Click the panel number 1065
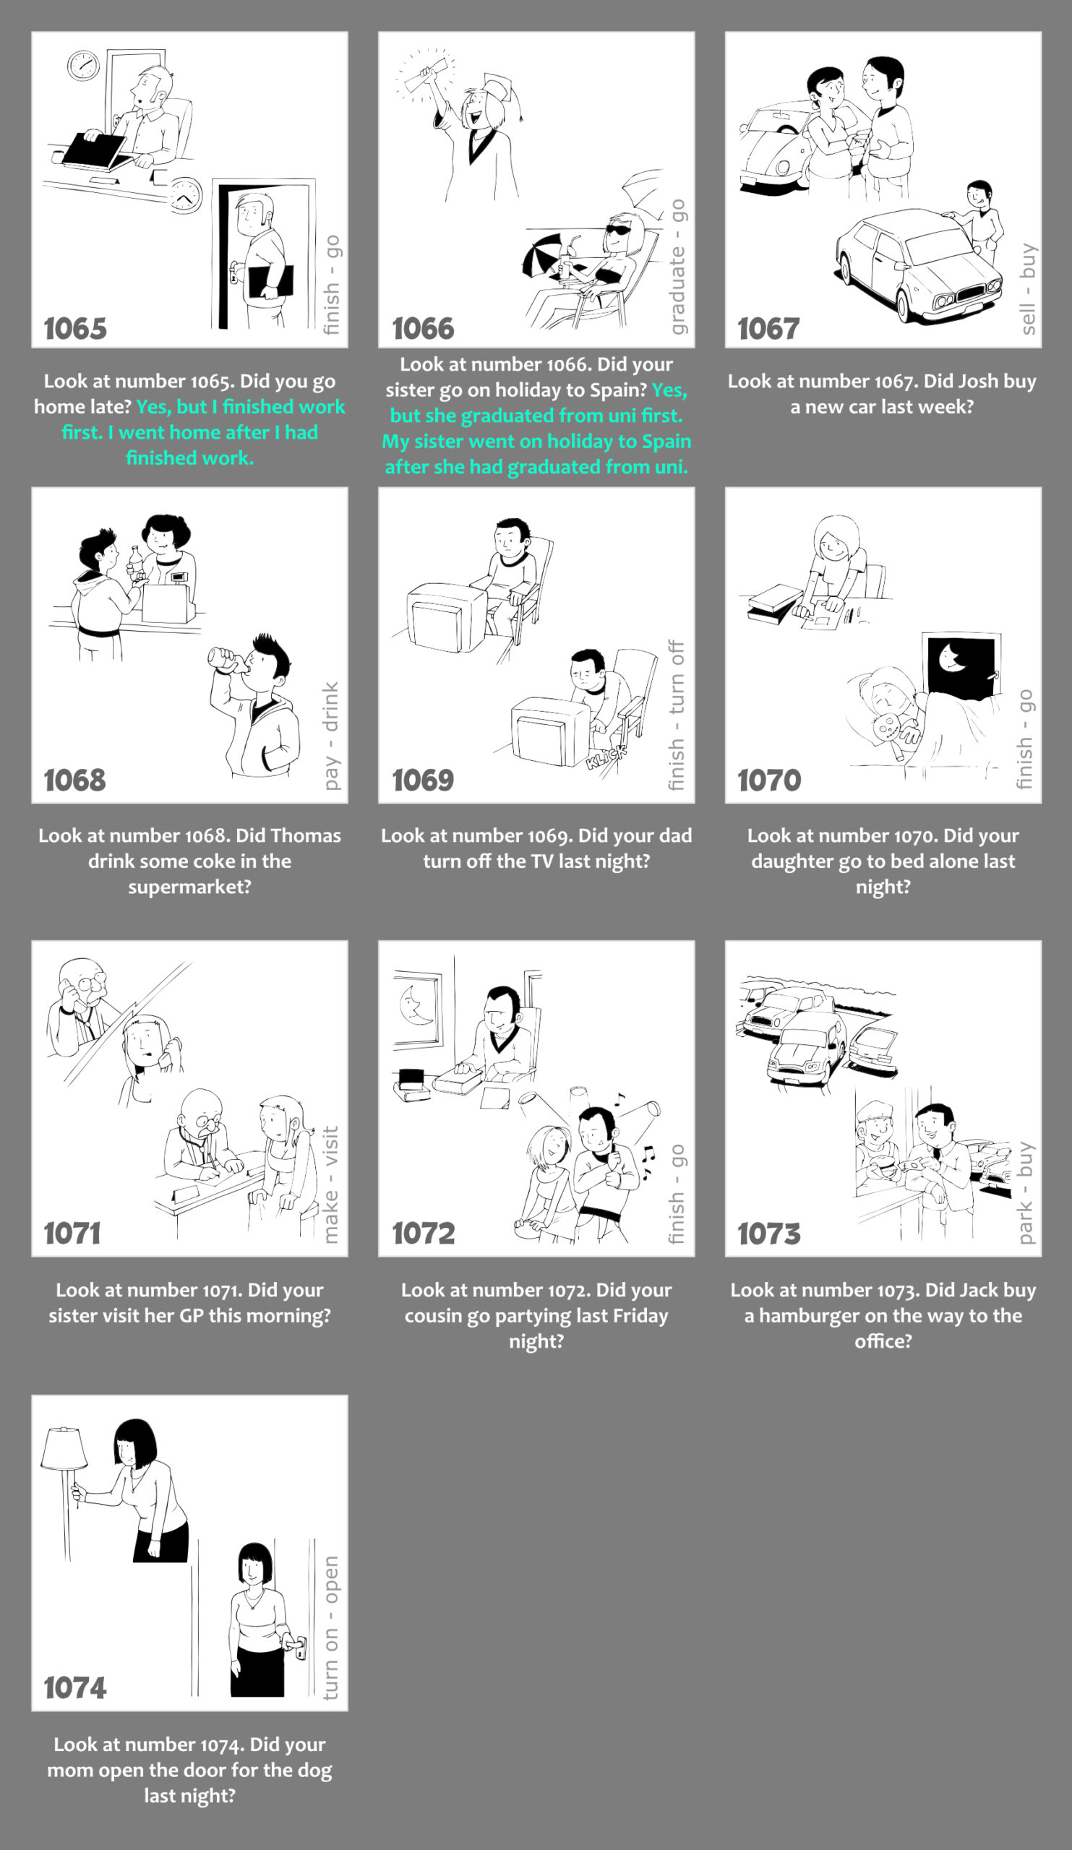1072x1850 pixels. (x=75, y=329)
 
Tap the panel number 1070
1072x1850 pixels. (x=768, y=780)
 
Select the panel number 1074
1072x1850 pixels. (x=75, y=1687)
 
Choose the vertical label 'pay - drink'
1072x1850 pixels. (x=331, y=736)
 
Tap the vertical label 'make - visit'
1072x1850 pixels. (x=331, y=1185)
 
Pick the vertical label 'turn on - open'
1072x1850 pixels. (x=331, y=1627)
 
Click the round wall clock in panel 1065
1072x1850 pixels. (x=83, y=65)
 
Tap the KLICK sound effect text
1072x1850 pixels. (x=606, y=756)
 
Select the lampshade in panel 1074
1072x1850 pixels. (x=64, y=1448)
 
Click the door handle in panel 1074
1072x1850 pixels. (x=298, y=1646)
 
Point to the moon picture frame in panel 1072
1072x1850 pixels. (x=418, y=1009)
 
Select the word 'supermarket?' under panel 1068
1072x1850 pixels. (x=189, y=887)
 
